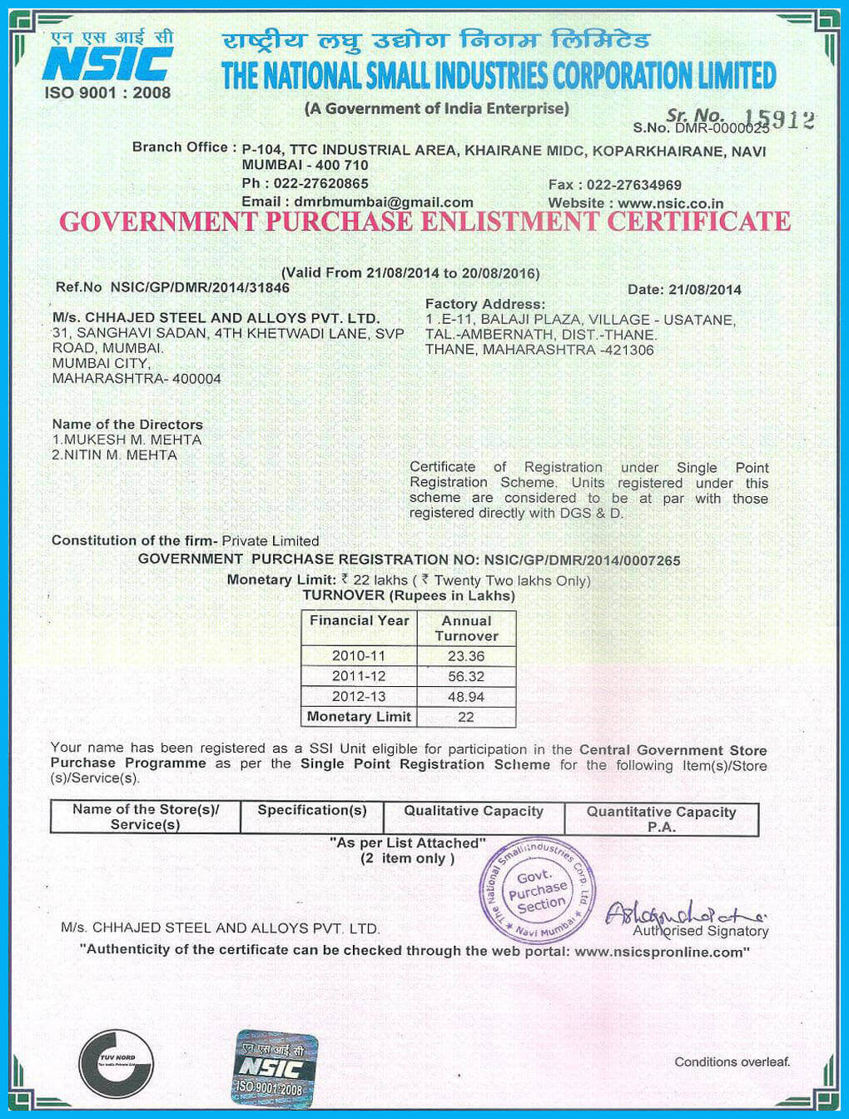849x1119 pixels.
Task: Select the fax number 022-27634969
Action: pyautogui.click(x=633, y=185)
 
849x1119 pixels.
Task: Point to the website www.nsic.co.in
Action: pyautogui.click(x=670, y=203)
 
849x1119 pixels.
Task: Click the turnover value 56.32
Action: pyautogui.click(x=466, y=677)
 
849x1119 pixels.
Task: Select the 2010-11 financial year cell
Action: pyautogui.click(x=359, y=656)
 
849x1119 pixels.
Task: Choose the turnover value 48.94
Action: pyautogui.click(x=466, y=697)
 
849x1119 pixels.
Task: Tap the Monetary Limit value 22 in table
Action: pyautogui.click(x=466, y=717)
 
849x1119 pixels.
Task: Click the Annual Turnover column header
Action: pyautogui.click(x=466, y=629)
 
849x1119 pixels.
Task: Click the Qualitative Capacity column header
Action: pyautogui.click(x=474, y=811)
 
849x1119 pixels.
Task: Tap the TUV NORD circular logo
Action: pyautogui.click(x=117, y=1063)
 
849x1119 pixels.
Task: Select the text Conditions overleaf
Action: pyautogui.click(x=732, y=1062)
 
